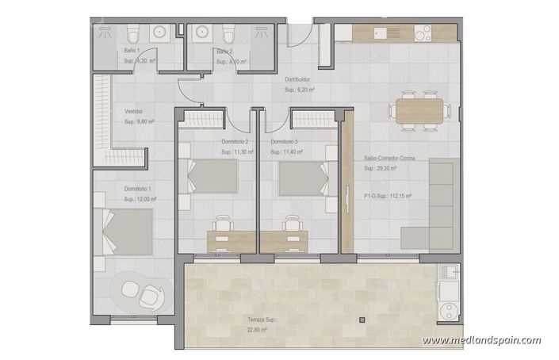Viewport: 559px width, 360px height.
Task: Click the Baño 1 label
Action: pyautogui.click(x=132, y=51)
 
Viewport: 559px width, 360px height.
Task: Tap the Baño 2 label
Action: pyautogui.click(x=224, y=51)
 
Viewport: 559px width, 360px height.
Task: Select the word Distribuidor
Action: pyautogui.click(x=297, y=80)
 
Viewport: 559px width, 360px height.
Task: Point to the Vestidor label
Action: pyautogui.click(x=134, y=112)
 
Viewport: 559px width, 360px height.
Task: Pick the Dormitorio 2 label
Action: pyautogui.click(x=235, y=141)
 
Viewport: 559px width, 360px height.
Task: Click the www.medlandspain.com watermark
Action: pyautogui.click(x=481, y=341)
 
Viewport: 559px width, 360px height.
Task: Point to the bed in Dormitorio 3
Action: pyautogui.click(x=304, y=177)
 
